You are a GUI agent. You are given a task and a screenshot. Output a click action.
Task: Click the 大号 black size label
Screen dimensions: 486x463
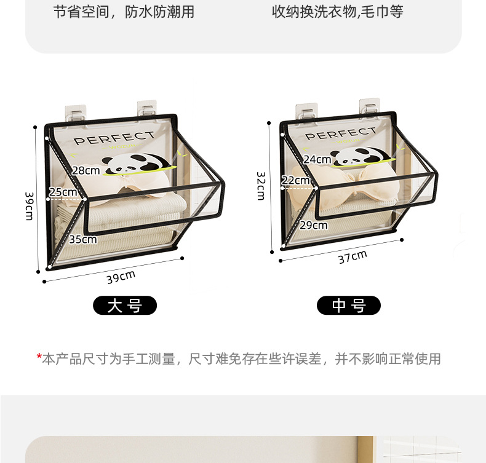[125, 306]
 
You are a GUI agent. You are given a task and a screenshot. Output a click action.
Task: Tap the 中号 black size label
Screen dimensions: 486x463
[349, 306]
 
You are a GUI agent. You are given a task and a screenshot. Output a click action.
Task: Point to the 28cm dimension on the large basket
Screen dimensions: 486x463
[86, 170]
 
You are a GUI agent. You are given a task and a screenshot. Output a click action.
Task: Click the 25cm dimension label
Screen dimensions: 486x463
[63, 192]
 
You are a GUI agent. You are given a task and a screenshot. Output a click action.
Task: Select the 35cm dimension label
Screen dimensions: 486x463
[83, 239]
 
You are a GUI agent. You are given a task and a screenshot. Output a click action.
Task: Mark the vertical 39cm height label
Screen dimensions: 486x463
[30, 206]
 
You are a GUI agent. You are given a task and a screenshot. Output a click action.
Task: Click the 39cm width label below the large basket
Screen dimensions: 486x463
[121, 277]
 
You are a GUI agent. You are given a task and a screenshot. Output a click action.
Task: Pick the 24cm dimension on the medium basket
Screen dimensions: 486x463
[317, 159]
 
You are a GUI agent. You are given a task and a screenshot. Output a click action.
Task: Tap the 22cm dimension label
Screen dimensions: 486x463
[295, 180]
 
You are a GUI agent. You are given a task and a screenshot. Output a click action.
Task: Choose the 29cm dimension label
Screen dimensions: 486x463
[314, 225]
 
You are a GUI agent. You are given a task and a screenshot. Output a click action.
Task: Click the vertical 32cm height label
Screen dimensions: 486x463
[261, 186]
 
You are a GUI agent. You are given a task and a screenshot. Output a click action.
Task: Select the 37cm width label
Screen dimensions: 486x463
[353, 257]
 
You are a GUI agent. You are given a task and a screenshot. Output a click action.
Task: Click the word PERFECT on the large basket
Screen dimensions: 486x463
[114, 138]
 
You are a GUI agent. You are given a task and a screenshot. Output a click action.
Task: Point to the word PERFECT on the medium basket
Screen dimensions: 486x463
[341, 133]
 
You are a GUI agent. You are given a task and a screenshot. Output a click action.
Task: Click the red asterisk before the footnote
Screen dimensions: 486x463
[39, 357]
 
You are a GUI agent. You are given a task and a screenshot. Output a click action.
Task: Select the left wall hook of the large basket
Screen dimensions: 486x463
[75, 113]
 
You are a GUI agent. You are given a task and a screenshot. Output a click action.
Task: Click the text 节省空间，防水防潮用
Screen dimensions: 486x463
[124, 12]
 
